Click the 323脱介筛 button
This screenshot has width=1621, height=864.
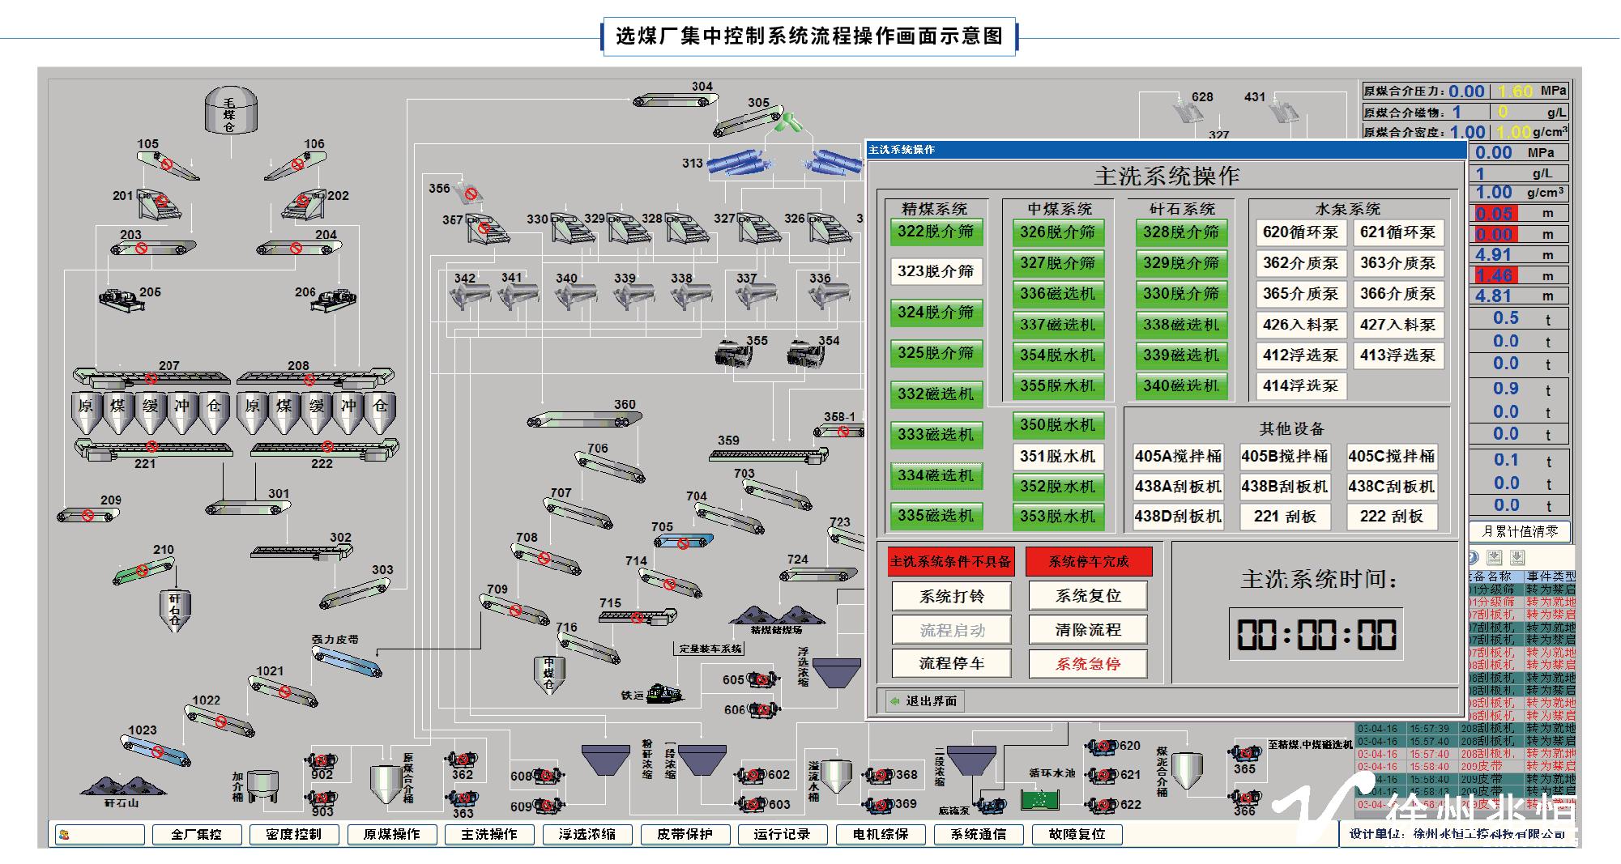(x=936, y=271)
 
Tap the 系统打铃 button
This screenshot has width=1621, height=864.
(x=951, y=597)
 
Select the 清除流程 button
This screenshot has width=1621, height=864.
(x=1088, y=630)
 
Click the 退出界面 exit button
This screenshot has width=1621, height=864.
(x=923, y=701)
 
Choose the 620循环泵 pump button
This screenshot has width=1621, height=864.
(x=1300, y=232)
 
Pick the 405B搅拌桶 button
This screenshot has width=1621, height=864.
(x=1285, y=457)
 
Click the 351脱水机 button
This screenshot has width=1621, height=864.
(x=1057, y=457)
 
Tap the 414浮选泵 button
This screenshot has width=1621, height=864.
(x=1300, y=386)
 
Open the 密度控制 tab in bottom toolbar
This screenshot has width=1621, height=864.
(x=293, y=834)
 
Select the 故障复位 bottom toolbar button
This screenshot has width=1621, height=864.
(x=1077, y=834)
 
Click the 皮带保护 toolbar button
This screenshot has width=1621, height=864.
(x=685, y=834)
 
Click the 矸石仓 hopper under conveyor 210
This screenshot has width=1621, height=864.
(x=175, y=610)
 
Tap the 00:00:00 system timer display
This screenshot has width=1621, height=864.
(x=1316, y=634)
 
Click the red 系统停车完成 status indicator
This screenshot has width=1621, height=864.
(x=1089, y=561)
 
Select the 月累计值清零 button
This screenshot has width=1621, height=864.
(x=1520, y=531)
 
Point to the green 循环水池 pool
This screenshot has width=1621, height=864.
(x=1040, y=799)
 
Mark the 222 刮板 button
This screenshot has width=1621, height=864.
(x=1391, y=517)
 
